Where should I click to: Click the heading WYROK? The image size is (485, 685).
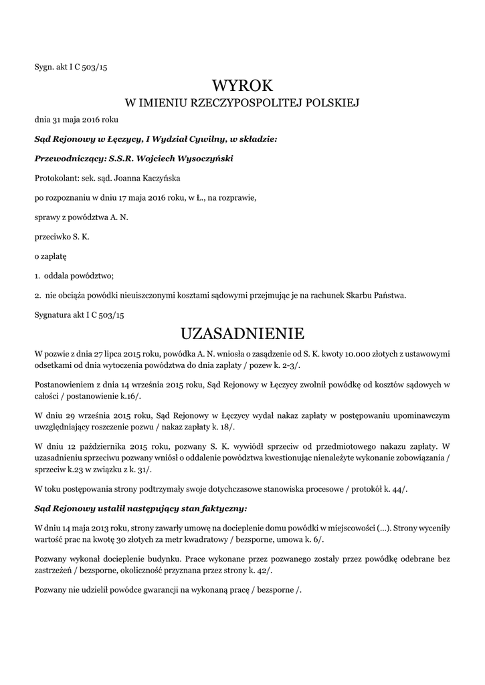[x=242, y=86]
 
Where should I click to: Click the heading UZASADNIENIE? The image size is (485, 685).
[x=242, y=333]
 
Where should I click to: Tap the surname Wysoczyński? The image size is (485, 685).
[x=202, y=159]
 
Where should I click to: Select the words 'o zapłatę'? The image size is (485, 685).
[x=50, y=256]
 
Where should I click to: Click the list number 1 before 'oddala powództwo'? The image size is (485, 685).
[x=36, y=275]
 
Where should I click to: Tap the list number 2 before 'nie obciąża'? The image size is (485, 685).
[x=36, y=294]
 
